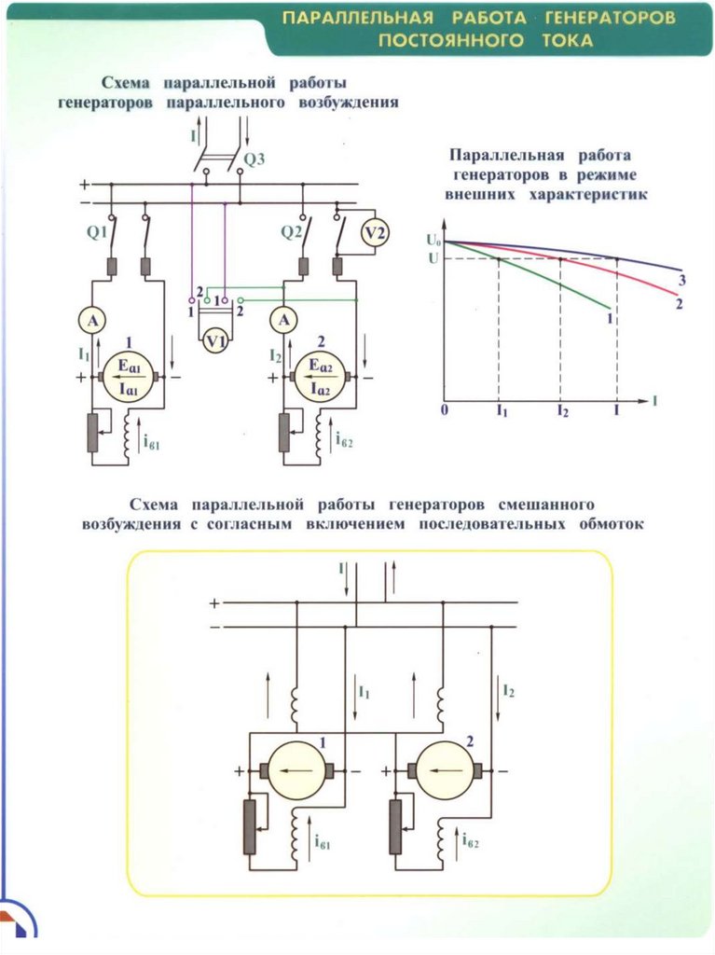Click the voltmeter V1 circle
tap(215, 341)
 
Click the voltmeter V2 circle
tap(375, 232)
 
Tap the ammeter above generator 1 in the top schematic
tap(92, 320)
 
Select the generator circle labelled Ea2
tap(321, 378)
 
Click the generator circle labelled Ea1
tap(129, 378)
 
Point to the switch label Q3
tap(254, 160)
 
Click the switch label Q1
tap(98, 232)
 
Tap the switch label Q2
tap(292, 232)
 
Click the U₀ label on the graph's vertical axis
tap(433, 240)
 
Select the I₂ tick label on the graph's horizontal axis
tap(563, 411)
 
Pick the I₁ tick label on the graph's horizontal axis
tap(502, 411)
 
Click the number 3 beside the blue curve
tap(682, 280)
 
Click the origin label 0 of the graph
tap(444, 410)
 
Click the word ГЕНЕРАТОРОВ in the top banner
tap(610, 17)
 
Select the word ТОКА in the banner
tap(568, 40)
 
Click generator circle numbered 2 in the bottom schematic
tap(445, 770)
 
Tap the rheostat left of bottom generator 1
tap(250, 827)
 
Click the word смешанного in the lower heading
tap(545, 505)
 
